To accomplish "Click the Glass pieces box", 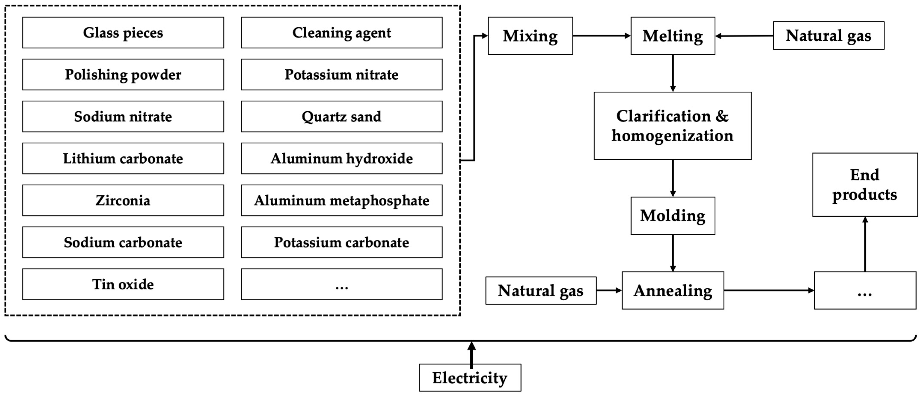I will click(123, 33).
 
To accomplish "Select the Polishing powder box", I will click(123, 75).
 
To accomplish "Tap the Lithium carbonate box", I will click(123, 158).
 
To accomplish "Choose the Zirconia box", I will click(123, 200).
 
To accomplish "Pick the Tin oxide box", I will click(123, 284).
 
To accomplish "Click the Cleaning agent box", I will click(341, 33).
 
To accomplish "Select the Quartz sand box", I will click(341, 116).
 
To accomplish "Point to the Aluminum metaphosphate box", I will click(341, 200).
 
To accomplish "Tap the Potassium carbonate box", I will click(341, 242).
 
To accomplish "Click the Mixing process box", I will click(530, 36).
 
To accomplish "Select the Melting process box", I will click(672, 36).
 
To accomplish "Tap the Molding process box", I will click(672, 216).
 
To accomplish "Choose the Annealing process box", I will click(672, 291).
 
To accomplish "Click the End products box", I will click(865, 185).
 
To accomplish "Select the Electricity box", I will click(470, 378).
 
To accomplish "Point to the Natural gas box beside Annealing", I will click(541, 291).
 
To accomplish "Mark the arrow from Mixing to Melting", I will click(601, 36).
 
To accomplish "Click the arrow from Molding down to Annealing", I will click(672, 253).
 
